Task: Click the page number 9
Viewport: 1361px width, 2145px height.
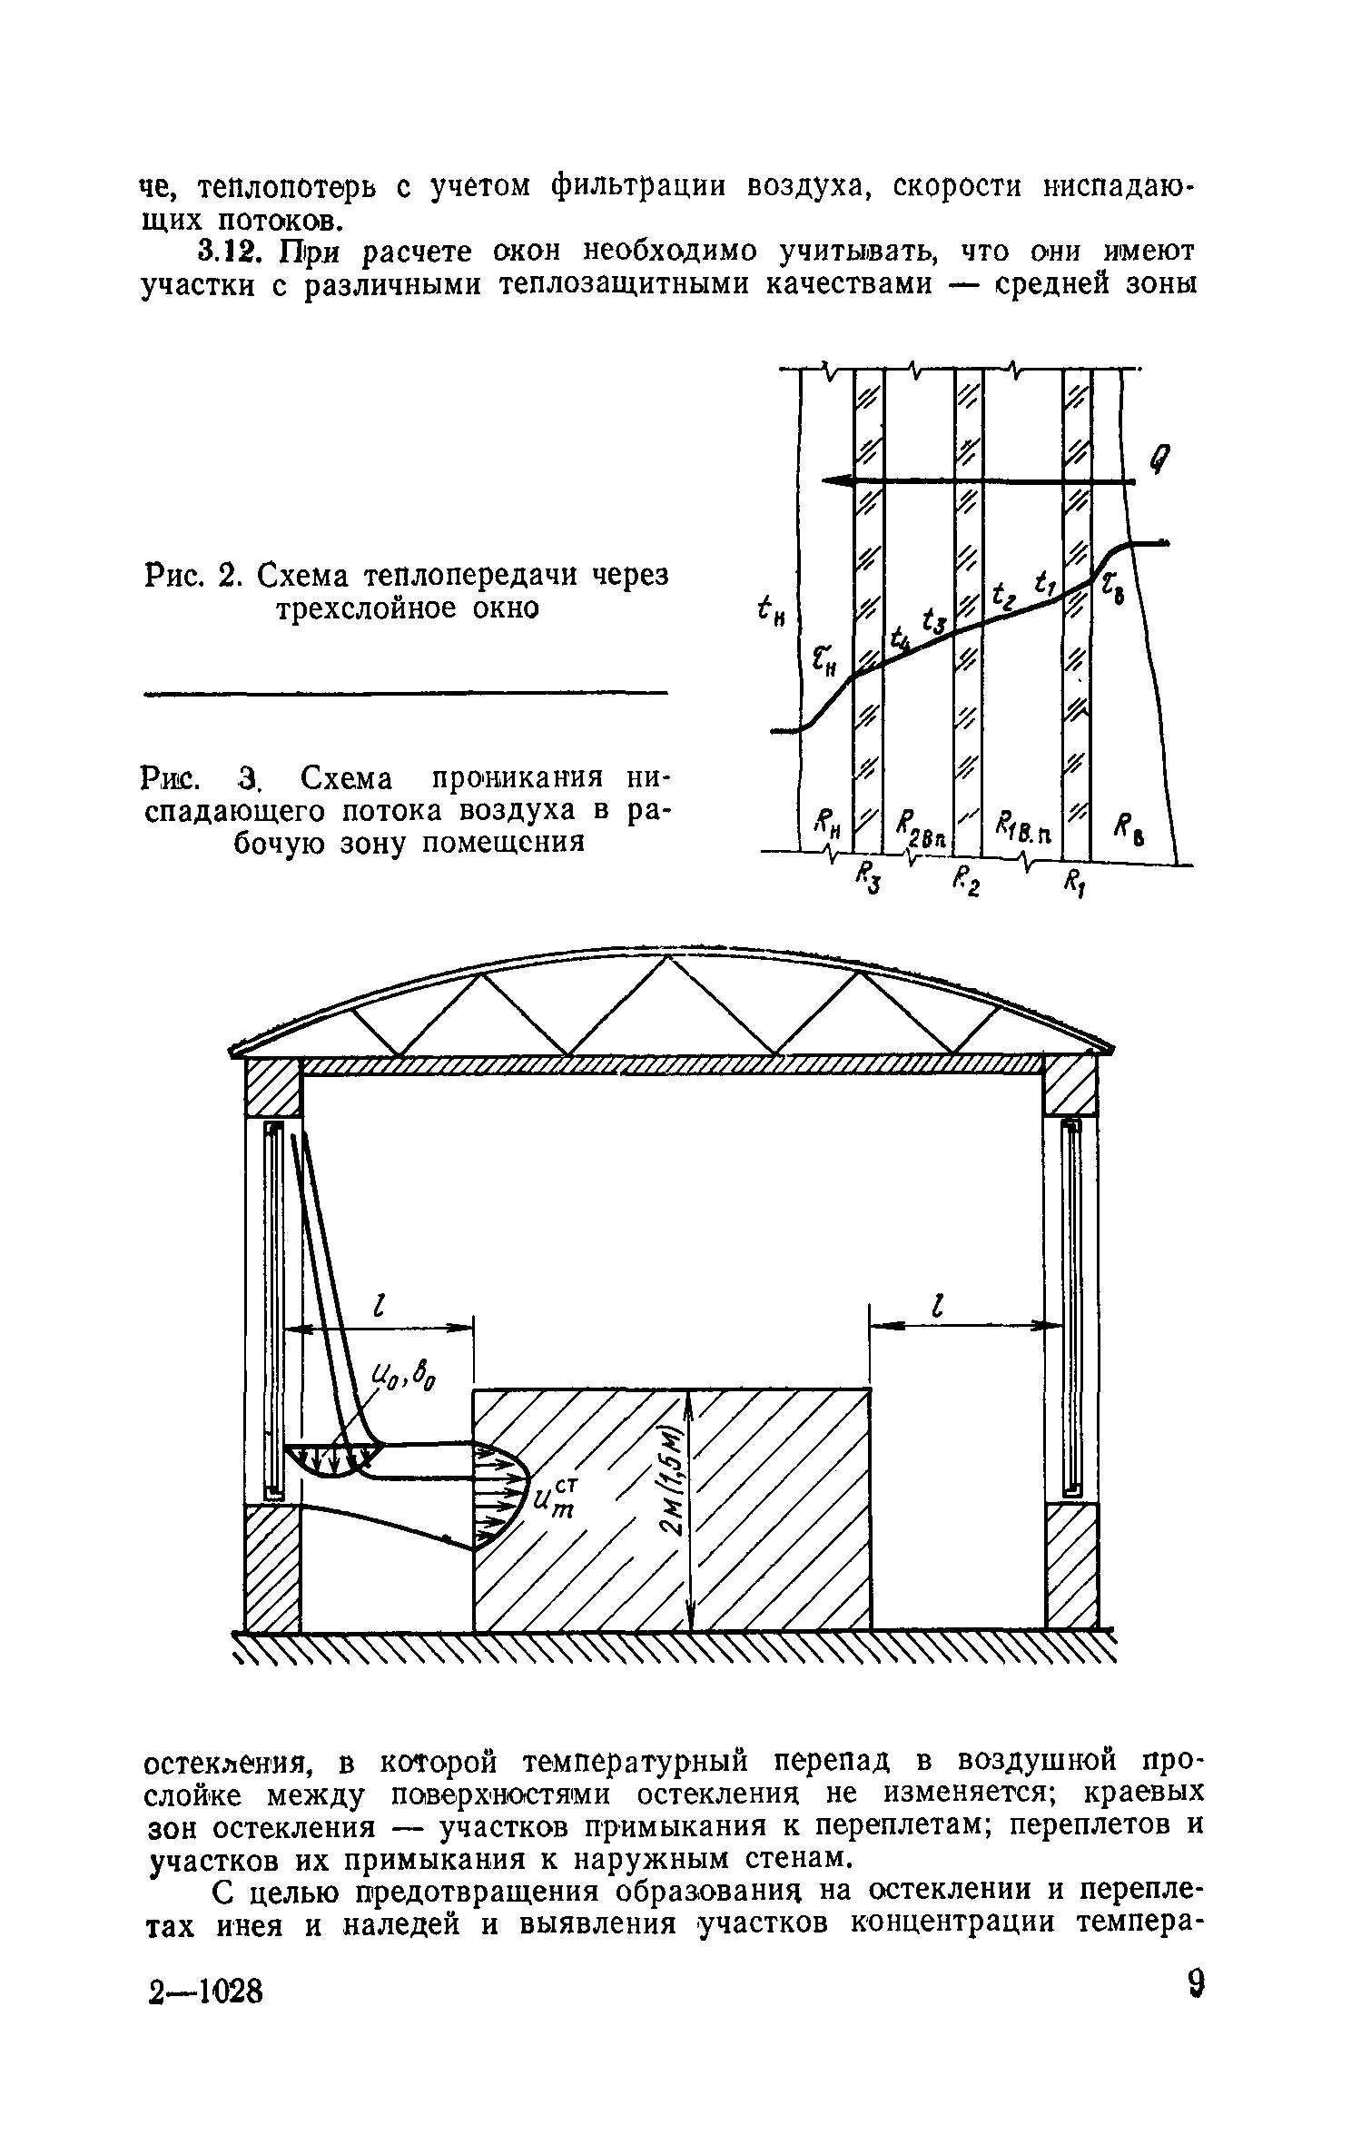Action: (x=1196, y=2011)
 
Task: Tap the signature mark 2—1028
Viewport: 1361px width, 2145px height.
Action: (x=205, y=2015)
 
